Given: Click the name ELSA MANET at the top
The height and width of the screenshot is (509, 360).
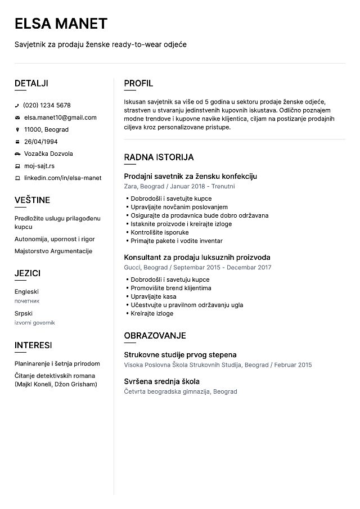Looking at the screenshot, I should pyautogui.click(x=61, y=24).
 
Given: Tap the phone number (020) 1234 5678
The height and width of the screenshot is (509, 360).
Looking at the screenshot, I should pyautogui.click(x=47, y=105).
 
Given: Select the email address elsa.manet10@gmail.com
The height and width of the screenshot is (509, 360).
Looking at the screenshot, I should pyautogui.click(x=60, y=118).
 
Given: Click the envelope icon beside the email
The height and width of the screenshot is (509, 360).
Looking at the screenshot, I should pyautogui.click(x=17, y=118).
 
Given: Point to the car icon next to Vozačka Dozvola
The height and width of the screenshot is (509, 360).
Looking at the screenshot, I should pyautogui.click(x=17, y=154).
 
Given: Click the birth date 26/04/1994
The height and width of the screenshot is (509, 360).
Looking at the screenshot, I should pyautogui.click(x=40, y=142).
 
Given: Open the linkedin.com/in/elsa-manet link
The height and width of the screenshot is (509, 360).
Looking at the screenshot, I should pyautogui.click(x=62, y=178).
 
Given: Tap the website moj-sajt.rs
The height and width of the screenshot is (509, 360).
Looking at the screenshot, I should pyautogui.click(x=39, y=166).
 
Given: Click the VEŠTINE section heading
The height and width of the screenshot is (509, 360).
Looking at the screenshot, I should pyautogui.click(x=32, y=200).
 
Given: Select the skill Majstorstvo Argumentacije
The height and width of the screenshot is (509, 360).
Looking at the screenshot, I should pyautogui.click(x=53, y=251).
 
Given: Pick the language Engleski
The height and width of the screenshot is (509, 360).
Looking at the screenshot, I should pyautogui.click(x=26, y=292).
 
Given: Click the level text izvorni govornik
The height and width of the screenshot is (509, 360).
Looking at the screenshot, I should pyautogui.click(x=35, y=323).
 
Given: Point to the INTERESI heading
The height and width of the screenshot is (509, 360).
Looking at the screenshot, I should pyautogui.click(x=33, y=345).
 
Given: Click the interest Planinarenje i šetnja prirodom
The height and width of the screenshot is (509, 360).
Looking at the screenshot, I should pyautogui.click(x=57, y=363).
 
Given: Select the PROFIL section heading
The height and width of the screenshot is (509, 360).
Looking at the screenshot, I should pyautogui.click(x=138, y=83).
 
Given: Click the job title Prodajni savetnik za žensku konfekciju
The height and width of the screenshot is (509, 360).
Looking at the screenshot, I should pyautogui.click(x=190, y=176).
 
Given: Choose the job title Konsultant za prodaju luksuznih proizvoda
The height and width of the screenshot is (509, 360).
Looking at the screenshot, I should pyautogui.click(x=197, y=257).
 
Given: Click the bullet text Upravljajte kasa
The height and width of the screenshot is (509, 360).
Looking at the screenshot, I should pyautogui.click(x=153, y=296).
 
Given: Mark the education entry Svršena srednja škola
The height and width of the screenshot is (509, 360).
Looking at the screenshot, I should pyautogui.click(x=161, y=381).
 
